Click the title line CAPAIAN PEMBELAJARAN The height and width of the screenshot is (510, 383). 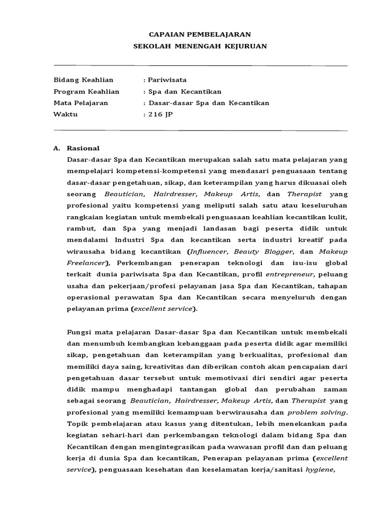click(200, 34)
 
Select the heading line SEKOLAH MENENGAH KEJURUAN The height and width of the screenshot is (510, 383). click(200, 46)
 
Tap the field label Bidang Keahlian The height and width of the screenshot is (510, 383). click(83, 80)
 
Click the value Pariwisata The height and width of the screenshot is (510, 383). click(165, 80)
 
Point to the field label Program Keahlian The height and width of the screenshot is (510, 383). click(86, 92)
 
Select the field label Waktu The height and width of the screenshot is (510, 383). click(65, 115)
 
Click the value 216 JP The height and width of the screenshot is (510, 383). click(159, 115)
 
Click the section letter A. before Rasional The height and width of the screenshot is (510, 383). click(56, 148)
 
